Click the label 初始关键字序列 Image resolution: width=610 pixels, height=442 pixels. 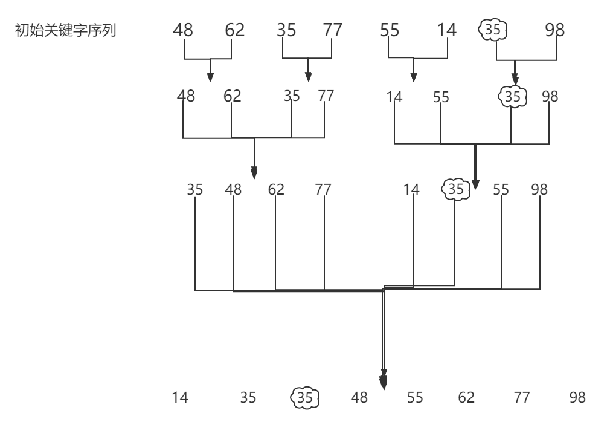click(65, 30)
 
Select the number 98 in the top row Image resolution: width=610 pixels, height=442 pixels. click(554, 30)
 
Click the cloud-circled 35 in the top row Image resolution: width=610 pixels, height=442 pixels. click(493, 30)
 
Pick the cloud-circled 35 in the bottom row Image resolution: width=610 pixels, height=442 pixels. click(305, 397)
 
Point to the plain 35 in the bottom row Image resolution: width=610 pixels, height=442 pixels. click(248, 397)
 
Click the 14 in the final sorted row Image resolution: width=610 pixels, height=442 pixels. click(180, 397)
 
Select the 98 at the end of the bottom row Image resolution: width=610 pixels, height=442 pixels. click(577, 397)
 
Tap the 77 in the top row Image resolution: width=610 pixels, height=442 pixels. click(332, 30)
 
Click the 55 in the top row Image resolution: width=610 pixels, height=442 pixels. click(390, 30)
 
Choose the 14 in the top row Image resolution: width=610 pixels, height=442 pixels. click(447, 30)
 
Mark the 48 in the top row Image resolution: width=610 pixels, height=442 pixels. click(183, 30)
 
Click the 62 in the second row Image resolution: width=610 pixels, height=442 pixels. click(232, 96)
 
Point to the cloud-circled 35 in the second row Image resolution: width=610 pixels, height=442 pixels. click(512, 96)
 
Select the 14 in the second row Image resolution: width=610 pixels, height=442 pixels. click(394, 97)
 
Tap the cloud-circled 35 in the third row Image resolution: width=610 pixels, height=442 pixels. click(456, 190)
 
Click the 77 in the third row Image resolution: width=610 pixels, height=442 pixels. click(323, 190)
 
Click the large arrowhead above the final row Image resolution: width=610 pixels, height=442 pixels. click(383, 382)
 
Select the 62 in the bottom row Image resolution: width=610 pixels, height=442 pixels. click(466, 397)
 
